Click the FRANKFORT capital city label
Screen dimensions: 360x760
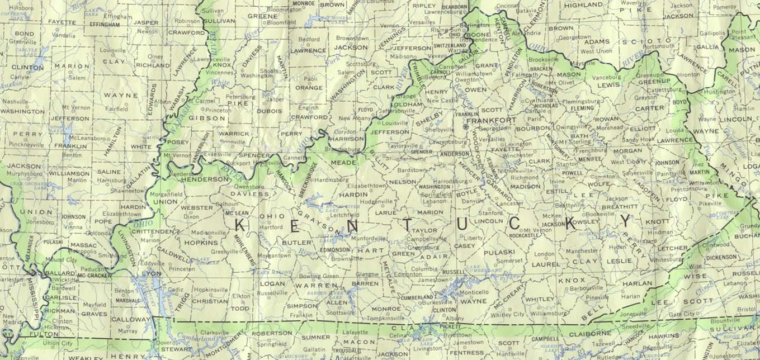pyautogui.click(x=491, y=120)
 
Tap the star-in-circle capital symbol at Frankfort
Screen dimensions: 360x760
pyautogui.click(x=465, y=127)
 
